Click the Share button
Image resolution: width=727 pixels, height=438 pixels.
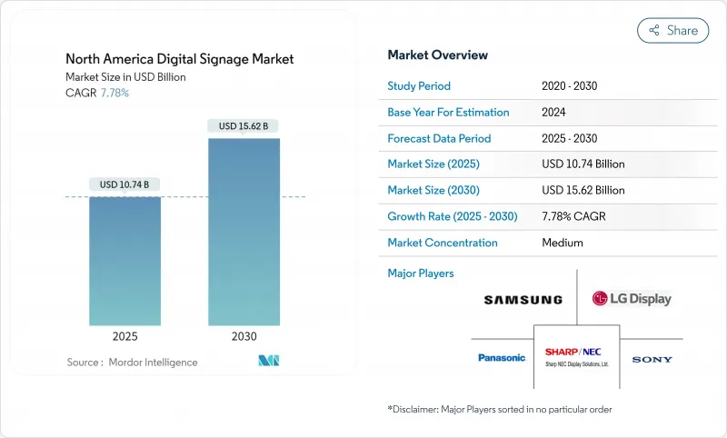(672, 30)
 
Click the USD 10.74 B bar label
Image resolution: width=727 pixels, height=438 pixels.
(125, 184)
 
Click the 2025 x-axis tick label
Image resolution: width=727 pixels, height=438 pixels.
(125, 335)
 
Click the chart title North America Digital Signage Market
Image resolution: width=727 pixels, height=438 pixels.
(180, 59)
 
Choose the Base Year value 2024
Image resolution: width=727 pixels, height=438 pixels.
(555, 113)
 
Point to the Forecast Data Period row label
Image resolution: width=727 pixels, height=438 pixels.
(439, 138)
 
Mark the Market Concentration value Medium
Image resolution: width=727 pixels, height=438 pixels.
(563, 243)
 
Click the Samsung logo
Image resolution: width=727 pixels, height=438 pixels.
(523, 299)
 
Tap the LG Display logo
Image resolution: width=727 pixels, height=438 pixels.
(632, 298)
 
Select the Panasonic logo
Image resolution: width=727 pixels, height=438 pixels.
(502, 358)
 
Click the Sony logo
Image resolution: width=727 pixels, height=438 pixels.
(652, 359)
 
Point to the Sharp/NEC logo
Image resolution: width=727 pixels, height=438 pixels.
(576, 355)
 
